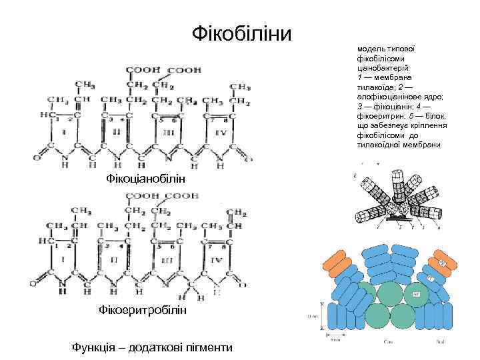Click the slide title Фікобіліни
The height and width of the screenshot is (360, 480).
(241, 32)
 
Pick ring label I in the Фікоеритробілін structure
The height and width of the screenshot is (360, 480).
(63, 258)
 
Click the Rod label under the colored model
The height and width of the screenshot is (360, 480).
(437, 343)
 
